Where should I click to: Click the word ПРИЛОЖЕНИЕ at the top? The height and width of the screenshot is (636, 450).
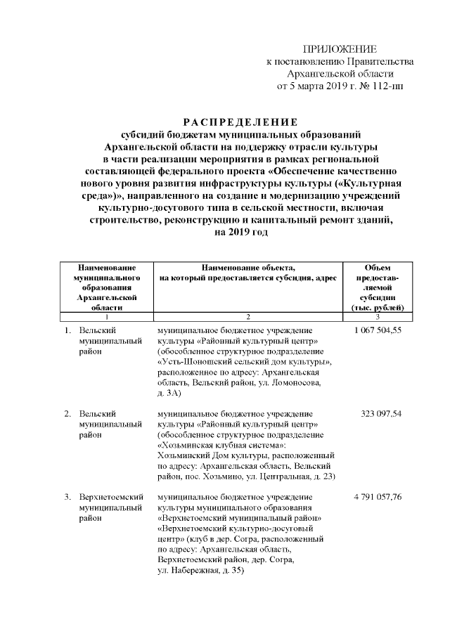(x=340, y=48)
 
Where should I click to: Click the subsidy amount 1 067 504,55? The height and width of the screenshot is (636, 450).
(x=378, y=330)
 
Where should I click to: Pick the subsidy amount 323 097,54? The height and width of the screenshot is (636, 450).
(x=381, y=414)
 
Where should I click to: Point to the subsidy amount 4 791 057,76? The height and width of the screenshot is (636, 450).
(x=378, y=498)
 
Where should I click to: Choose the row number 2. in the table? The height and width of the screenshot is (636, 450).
(x=67, y=414)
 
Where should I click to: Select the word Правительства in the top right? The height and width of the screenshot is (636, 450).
(x=379, y=61)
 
